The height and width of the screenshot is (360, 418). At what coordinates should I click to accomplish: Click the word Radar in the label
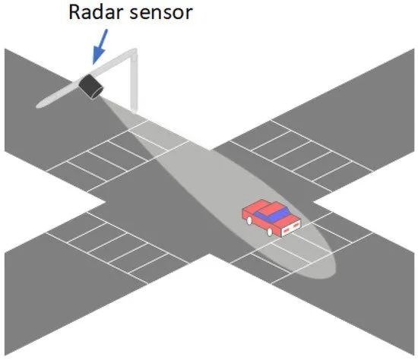96,11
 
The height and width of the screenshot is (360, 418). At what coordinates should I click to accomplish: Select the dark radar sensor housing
90,87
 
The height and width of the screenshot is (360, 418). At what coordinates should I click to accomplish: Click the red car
271,218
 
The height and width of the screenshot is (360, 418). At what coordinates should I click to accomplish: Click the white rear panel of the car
291,229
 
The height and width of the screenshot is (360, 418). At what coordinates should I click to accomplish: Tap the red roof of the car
272,208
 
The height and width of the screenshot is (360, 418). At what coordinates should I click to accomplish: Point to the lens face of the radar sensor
97,93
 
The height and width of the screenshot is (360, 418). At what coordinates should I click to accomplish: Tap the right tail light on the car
296,226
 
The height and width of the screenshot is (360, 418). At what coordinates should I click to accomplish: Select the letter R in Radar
74,11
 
